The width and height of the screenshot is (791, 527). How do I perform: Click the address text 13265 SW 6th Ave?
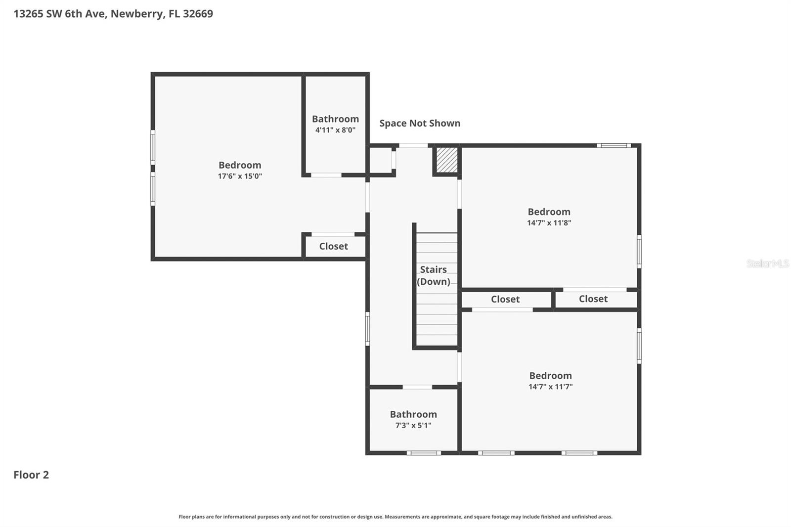(x=59, y=14)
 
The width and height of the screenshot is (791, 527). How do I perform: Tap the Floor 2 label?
(x=31, y=475)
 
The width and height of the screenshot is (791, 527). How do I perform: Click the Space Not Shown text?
(x=420, y=123)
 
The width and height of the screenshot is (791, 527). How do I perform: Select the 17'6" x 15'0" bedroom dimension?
(x=240, y=176)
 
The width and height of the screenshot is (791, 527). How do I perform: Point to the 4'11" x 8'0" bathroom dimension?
(x=335, y=131)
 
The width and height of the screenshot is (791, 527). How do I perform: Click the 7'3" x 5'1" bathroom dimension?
(x=413, y=426)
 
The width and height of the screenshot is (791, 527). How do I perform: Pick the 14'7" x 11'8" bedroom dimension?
(x=549, y=223)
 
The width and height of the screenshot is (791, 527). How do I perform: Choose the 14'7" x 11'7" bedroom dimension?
(x=550, y=387)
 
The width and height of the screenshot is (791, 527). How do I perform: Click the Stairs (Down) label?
(x=434, y=275)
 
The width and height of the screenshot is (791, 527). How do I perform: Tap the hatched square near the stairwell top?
(x=447, y=160)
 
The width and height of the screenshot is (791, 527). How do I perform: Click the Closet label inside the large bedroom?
(x=333, y=246)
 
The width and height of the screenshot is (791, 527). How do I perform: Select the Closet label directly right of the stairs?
(x=505, y=299)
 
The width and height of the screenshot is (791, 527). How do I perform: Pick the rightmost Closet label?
(x=593, y=299)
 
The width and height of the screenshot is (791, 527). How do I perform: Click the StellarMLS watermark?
(x=767, y=263)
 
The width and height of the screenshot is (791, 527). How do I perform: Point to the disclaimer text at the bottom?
(x=395, y=517)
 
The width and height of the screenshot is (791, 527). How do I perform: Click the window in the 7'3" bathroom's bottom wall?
(x=424, y=453)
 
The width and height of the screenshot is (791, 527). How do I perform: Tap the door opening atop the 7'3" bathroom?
(x=417, y=387)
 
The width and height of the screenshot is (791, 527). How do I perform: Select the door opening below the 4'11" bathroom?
(x=326, y=175)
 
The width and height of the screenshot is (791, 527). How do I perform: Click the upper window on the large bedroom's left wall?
(x=153, y=147)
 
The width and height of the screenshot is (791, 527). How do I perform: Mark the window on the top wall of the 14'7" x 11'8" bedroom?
(x=614, y=145)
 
